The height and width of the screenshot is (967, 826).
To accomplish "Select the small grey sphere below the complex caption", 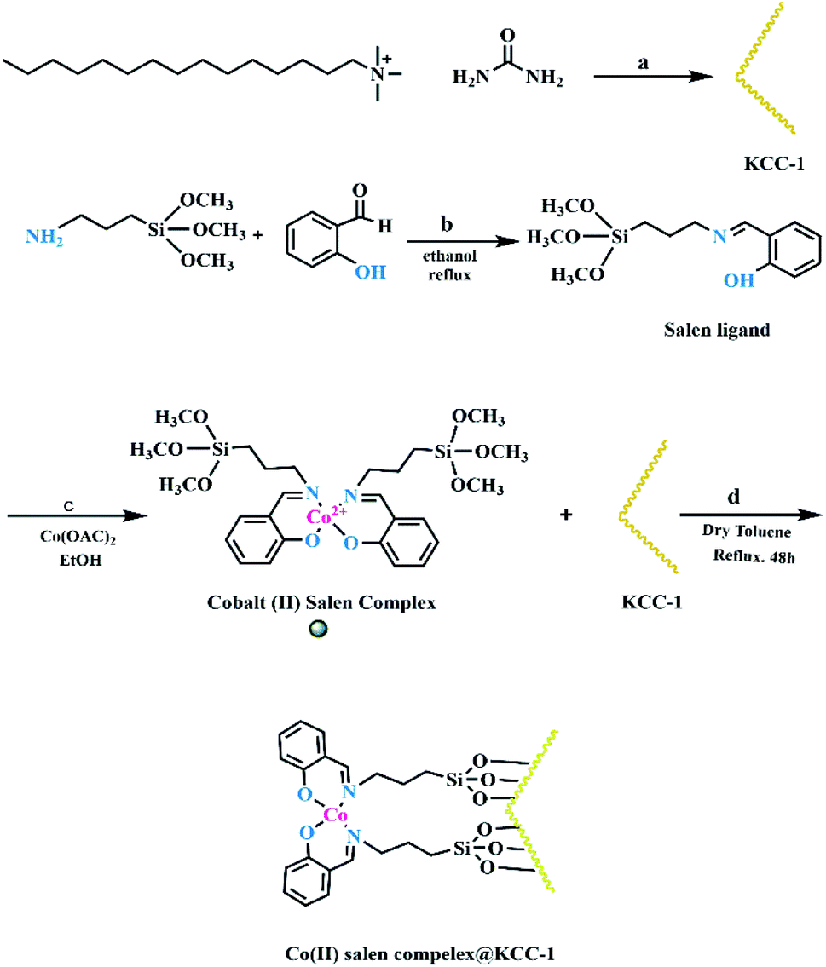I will (319, 629).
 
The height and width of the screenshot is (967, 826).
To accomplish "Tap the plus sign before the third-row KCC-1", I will (566, 517).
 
